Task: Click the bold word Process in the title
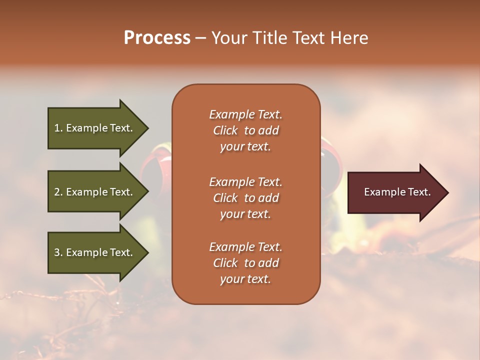pos(157,38)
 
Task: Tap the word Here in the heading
pos(349,38)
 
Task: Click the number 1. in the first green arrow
pos(58,128)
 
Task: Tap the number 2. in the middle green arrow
pos(58,192)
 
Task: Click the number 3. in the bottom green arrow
pos(58,252)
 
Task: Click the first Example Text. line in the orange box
pos(245,114)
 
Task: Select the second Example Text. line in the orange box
pos(245,182)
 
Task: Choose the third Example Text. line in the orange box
pos(245,247)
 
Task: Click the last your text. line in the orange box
pos(245,279)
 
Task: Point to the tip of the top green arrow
pos(147,128)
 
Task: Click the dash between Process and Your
pos(201,38)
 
